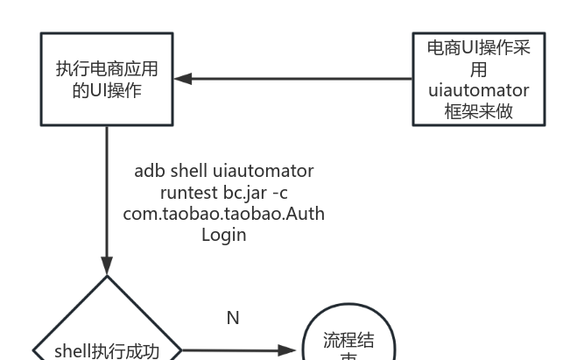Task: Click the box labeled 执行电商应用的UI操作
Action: (x=107, y=79)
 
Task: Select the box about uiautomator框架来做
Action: (x=478, y=79)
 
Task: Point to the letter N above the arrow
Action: (x=233, y=318)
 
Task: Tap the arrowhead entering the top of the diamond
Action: (x=107, y=267)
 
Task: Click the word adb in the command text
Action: (x=150, y=171)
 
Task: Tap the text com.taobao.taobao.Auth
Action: (x=224, y=213)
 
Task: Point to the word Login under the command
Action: (x=224, y=235)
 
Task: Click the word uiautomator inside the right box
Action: (x=478, y=90)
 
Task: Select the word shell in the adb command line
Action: (x=189, y=171)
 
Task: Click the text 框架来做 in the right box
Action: (x=478, y=111)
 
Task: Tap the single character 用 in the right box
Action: (x=478, y=69)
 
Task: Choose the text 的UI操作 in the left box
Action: (x=107, y=89)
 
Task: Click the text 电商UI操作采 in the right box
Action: (x=478, y=48)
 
